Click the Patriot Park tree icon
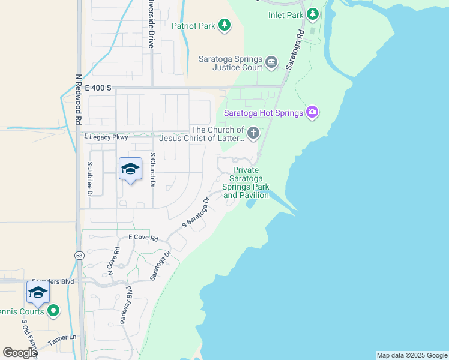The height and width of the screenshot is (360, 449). coord(224,25)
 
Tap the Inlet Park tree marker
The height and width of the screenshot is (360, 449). coord(312,13)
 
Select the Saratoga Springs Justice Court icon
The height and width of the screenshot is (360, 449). coord(271,62)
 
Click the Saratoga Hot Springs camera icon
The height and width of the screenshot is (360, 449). coord(312,112)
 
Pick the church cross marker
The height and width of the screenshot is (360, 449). coord(253,133)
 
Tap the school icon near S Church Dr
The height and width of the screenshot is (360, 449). coord(130,170)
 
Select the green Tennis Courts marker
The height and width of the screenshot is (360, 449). coord(53,310)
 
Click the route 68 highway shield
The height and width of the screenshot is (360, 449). coord(79,256)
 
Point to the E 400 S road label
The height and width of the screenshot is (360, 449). coord(98,88)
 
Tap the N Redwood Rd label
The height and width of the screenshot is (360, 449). coord(78,99)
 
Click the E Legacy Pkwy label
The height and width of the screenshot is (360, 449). coord(106,137)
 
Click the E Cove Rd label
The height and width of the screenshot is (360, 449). coord(137,238)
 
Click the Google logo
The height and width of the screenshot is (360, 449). coord(20,353)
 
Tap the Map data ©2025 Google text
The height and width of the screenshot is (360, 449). coord(412,355)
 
